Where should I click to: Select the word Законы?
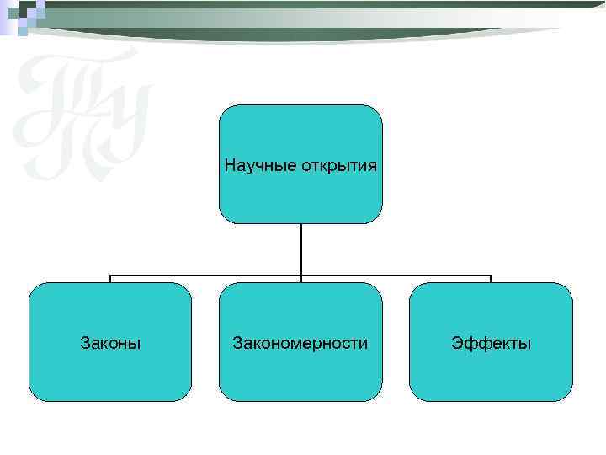coord(110,343)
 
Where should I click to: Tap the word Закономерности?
coord(300,343)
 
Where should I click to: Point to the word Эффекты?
coord(491,343)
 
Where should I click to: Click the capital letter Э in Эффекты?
coord(455,343)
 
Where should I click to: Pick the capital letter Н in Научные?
coord(230,164)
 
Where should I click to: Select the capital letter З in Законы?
coord(84,343)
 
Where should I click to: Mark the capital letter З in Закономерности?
coord(237,343)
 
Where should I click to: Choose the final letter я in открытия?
coord(373,165)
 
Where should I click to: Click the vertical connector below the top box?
coord(300,249)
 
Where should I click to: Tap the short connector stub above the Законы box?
coord(110,279)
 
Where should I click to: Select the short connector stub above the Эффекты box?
coord(491,279)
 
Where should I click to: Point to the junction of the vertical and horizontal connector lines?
coord(300,276)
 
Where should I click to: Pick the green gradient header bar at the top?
coord(303,14)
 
